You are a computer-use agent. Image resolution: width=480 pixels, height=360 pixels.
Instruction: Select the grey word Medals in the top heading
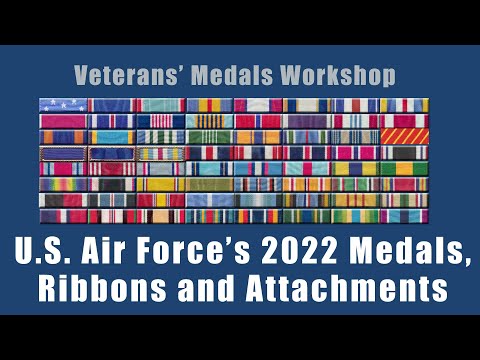[236, 75]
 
